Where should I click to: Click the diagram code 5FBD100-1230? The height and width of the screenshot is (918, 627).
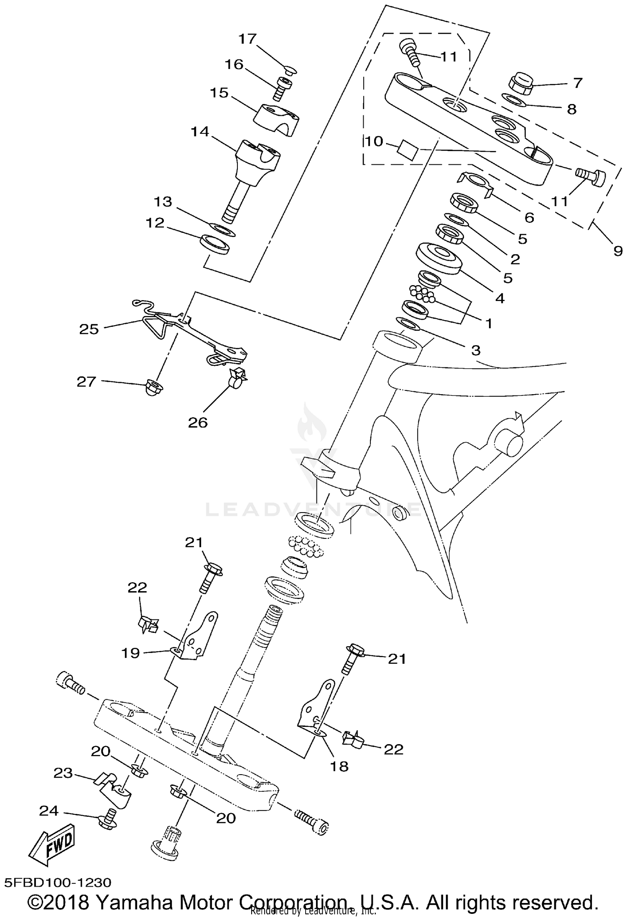click(x=58, y=882)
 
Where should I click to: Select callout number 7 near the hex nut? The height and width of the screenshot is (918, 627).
click(x=578, y=82)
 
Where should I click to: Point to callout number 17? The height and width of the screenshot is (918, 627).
click(x=247, y=39)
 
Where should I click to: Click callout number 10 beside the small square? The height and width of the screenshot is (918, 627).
click(x=374, y=141)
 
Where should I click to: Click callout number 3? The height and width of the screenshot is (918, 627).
click(x=476, y=350)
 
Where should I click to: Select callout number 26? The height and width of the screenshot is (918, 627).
click(x=198, y=422)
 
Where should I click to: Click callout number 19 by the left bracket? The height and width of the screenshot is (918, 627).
click(x=130, y=653)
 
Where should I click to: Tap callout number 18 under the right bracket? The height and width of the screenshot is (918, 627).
click(x=339, y=766)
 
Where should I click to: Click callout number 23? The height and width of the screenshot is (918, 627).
click(x=64, y=773)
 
